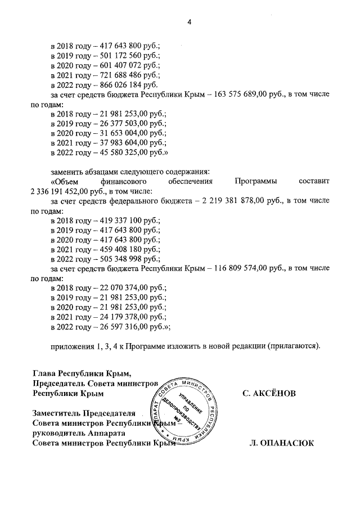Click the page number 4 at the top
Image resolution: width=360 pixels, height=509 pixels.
pyautogui.click(x=189, y=22)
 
